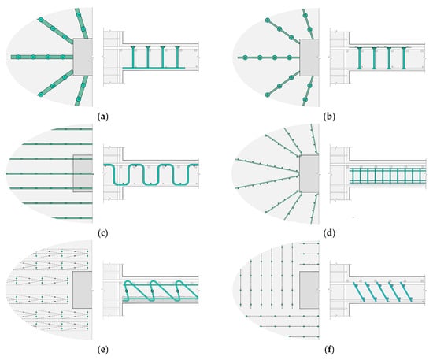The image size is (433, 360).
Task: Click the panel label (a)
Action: (x=103, y=117)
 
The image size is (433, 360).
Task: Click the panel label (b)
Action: (x=329, y=117)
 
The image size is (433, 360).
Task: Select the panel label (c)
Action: (x=102, y=233)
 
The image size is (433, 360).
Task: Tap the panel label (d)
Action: (x=329, y=233)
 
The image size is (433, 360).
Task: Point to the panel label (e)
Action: (x=103, y=350)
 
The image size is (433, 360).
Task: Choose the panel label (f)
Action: (x=329, y=350)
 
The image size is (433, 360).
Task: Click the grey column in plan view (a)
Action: (x=83, y=57)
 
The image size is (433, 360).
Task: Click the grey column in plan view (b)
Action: (x=309, y=58)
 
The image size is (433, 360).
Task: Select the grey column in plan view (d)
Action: (x=309, y=173)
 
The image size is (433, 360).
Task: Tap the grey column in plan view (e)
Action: (x=83, y=290)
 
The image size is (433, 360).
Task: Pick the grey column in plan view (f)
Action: (x=309, y=290)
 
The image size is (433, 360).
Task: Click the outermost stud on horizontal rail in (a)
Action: (x=18, y=58)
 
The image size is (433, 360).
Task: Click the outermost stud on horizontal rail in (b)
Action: (x=245, y=58)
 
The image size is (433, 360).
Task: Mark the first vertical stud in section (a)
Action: (x=133, y=57)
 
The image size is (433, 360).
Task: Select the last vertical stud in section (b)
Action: (x=403, y=58)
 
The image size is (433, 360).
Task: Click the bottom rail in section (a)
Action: (x=154, y=68)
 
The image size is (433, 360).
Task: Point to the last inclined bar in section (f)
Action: (x=406, y=291)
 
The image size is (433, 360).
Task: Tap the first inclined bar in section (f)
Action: (x=359, y=291)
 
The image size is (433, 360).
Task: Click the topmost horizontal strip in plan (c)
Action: (x=72, y=129)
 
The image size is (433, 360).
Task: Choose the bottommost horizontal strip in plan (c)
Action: (x=72, y=218)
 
